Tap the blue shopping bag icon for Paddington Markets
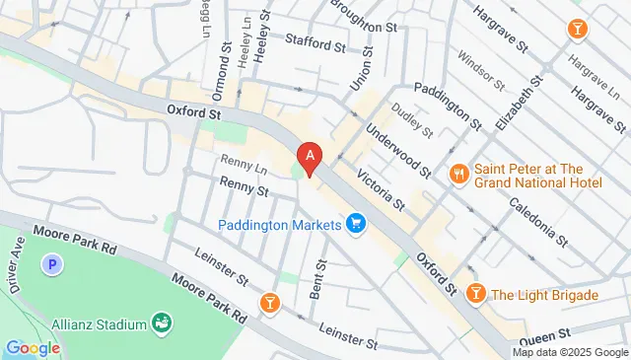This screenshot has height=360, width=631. pos(356,225)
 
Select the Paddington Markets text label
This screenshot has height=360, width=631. pos(279,225)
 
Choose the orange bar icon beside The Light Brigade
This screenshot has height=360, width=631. pos(476,294)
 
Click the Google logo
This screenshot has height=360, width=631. pos(33,347)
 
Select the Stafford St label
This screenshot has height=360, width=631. pos(315,43)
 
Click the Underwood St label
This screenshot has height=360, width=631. pos(396,148)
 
